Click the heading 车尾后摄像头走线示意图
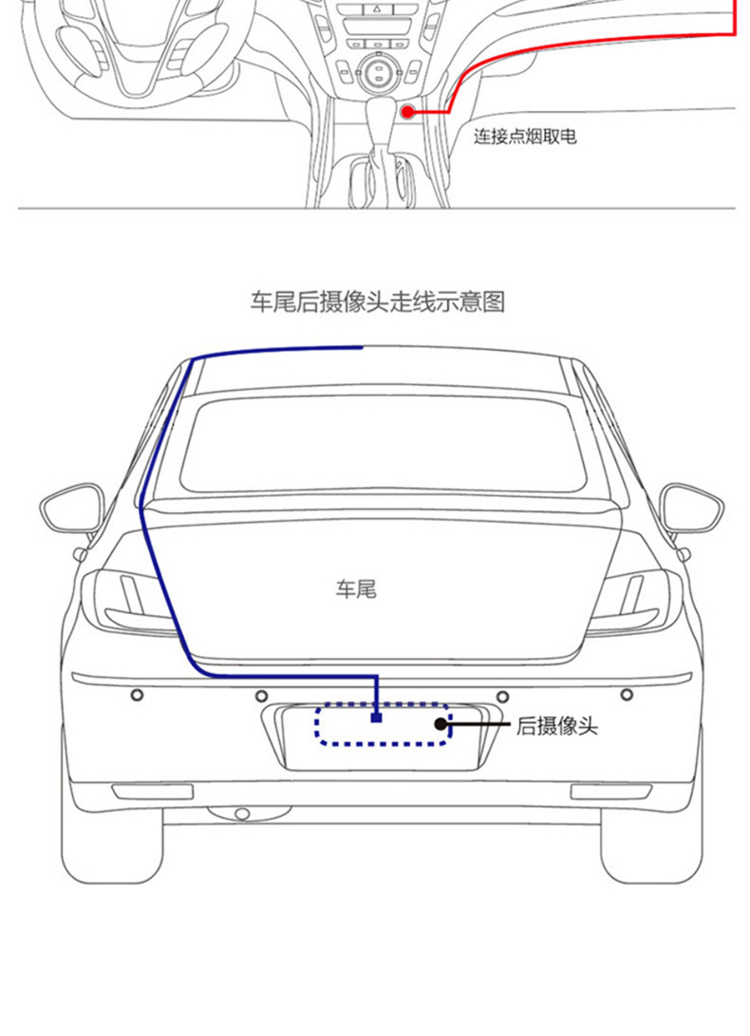[377, 303]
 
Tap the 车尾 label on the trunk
[356, 589]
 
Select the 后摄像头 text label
[557, 727]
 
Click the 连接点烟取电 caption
[525, 137]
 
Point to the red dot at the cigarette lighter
[408, 112]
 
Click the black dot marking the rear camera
[441, 724]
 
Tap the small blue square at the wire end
[377, 718]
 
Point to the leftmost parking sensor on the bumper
[137, 695]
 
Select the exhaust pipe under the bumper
[241, 814]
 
